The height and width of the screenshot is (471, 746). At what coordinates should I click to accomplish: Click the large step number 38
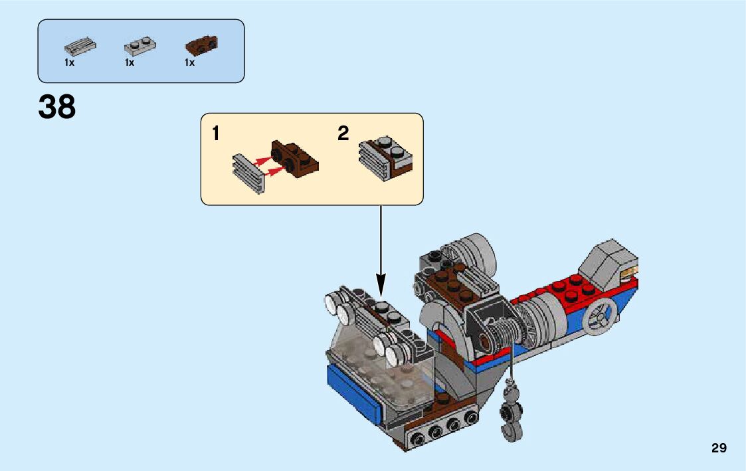(x=57, y=107)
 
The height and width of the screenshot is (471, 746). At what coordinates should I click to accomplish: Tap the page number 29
(x=719, y=448)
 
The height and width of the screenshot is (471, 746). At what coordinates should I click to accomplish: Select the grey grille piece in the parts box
(x=80, y=47)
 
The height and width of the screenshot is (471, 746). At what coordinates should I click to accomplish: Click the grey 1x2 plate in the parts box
(x=140, y=47)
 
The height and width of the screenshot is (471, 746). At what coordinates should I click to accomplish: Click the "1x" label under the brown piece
(x=189, y=63)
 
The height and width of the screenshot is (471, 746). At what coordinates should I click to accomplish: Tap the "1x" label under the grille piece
(x=69, y=63)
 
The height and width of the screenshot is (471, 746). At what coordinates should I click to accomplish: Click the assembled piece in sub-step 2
(x=385, y=159)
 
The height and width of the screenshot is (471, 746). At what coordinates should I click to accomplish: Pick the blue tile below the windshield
(x=352, y=395)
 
